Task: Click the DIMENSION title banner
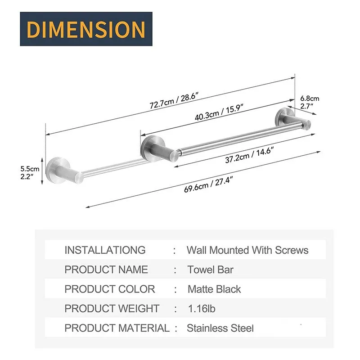click(86, 29)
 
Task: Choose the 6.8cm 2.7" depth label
click(310, 102)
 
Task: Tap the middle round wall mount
click(151, 148)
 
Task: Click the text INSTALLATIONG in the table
click(105, 250)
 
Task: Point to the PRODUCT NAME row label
click(106, 270)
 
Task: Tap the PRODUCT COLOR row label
click(109, 289)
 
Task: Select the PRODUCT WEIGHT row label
click(112, 309)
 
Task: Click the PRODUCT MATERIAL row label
click(117, 328)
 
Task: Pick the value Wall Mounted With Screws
click(247, 250)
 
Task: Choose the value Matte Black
click(214, 289)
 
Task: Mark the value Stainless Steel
click(220, 328)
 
